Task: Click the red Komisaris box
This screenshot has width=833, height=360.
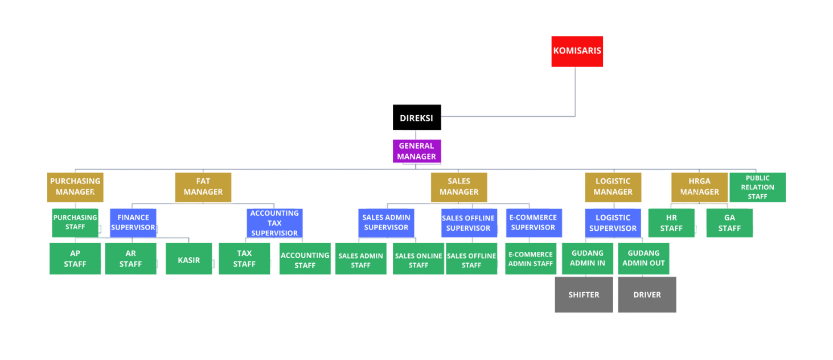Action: (x=576, y=52)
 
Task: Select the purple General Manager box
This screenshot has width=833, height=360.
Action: (x=417, y=151)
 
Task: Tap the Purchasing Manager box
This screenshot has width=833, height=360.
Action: (x=75, y=188)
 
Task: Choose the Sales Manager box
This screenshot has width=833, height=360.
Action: (x=459, y=188)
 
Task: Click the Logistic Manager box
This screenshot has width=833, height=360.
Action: (x=612, y=188)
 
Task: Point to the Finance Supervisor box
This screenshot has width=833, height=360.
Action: (x=133, y=222)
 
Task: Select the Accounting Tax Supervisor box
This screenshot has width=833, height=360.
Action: (x=274, y=223)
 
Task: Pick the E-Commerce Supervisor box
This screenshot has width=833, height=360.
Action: (x=534, y=223)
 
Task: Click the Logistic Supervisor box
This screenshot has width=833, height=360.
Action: (x=612, y=223)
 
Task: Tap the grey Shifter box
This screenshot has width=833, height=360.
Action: (x=584, y=295)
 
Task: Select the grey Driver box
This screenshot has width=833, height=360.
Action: (x=646, y=295)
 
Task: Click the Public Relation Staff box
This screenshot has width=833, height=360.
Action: (x=757, y=188)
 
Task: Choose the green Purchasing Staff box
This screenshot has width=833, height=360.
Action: (x=75, y=222)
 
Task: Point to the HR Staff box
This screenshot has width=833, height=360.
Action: (x=671, y=223)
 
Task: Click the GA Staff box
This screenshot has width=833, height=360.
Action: (x=729, y=223)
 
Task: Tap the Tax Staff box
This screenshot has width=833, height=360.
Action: (x=244, y=259)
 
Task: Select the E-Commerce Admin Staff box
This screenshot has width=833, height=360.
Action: (x=530, y=259)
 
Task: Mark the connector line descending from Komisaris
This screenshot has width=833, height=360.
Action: (x=575, y=91)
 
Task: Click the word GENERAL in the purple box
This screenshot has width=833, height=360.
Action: (x=416, y=146)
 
